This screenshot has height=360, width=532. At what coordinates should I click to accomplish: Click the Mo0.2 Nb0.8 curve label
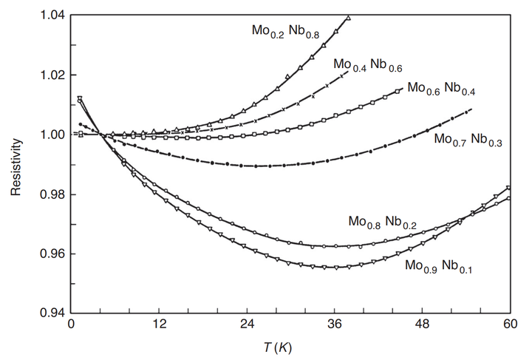[x=285, y=32]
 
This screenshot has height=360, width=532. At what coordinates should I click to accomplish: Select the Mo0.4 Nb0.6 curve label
[x=368, y=65]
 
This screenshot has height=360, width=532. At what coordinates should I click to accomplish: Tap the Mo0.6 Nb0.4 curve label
[x=441, y=89]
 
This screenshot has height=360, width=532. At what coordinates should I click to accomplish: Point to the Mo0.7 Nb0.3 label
[x=468, y=140]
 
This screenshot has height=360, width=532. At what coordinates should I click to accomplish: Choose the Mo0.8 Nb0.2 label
[x=383, y=223]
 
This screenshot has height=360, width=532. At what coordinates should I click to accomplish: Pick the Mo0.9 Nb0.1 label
[x=438, y=266]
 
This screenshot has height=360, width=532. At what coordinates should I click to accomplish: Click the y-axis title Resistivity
[x=16, y=167]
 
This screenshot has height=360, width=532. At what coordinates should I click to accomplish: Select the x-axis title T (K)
[x=278, y=347]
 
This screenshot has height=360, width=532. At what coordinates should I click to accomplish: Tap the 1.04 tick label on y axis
[x=52, y=16]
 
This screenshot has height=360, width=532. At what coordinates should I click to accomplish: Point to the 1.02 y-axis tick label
[x=52, y=75]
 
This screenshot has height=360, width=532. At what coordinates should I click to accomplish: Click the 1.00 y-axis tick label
[x=52, y=135]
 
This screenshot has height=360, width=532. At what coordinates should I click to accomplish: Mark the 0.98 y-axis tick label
[x=52, y=194]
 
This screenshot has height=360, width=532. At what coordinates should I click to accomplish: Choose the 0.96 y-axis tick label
[x=52, y=254]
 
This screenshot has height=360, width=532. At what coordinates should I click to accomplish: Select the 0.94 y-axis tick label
[x=52, y=313]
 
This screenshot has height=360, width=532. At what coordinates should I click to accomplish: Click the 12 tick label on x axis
[x=159, y=324]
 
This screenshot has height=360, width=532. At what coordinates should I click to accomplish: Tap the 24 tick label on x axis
[x=247, y=324]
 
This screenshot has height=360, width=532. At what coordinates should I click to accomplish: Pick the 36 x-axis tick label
[x=335, y=324]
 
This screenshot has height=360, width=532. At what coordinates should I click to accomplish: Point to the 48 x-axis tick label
[x=423, y=324]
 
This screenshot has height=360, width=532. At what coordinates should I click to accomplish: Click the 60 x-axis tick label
[x=511, y=324]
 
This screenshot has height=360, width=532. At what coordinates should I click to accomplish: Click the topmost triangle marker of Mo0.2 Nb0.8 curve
[x=348, y=18]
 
